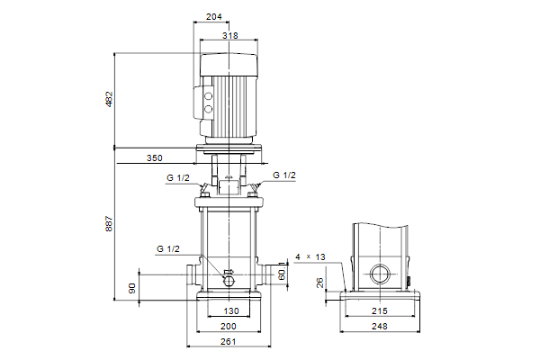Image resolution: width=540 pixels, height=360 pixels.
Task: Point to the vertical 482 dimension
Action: [x=109, y=99]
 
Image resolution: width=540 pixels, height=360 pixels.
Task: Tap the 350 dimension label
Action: [x=155, y=158]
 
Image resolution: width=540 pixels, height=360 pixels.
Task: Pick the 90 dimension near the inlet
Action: [x=131, y=288]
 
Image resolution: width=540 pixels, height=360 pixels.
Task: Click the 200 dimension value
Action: [x=229, y=326]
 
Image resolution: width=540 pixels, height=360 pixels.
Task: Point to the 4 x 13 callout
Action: [x=308, y=257]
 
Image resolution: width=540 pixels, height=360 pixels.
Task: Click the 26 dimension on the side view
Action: [x=320, y=283]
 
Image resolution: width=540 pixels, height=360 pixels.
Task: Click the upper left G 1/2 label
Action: [x=177, y=177]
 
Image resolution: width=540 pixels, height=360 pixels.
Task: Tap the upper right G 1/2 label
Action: [x=283, y=175]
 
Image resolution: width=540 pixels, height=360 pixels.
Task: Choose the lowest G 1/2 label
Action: [x=167, y=247]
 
